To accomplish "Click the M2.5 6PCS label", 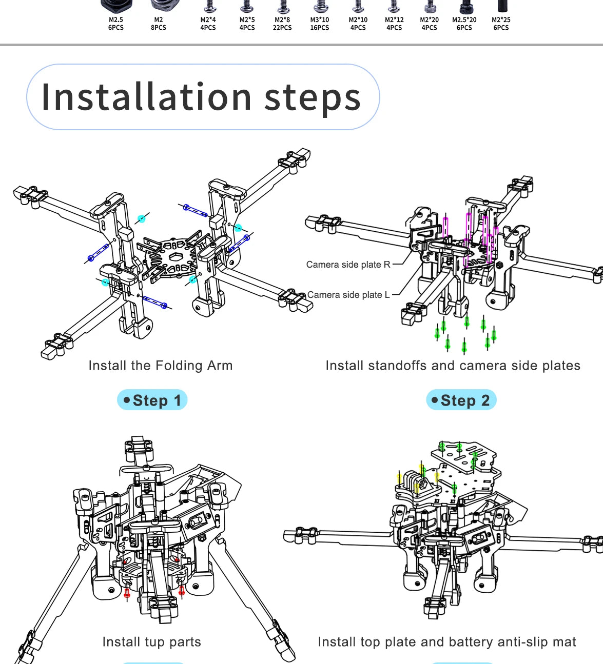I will pos(116,24).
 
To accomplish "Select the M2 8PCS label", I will pos(159,24).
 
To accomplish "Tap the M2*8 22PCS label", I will pos(282,24).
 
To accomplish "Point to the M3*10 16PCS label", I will pos(320,24).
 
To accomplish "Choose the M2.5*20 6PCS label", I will pos(464,24).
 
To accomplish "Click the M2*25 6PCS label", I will pos(501,24).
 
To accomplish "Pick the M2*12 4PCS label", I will pos(394,24).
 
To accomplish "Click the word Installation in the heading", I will pos(146,97).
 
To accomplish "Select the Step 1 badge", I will pos(152,400).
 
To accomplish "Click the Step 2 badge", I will pos(461,400).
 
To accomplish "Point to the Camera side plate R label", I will pos(348,265).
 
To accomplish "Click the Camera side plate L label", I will pos(348,295).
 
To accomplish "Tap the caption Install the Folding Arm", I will pos(160,366).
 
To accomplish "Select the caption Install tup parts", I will pos(151,642).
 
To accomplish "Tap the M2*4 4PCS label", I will pos(208,24).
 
